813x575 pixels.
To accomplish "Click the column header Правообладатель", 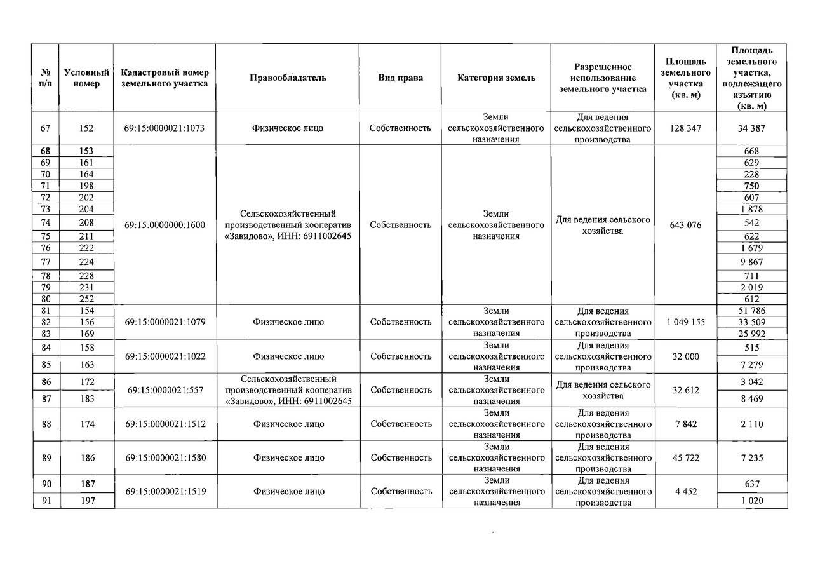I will (288, 78).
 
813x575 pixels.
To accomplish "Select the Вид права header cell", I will (400, 78).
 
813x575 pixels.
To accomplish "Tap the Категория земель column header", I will (496, 78).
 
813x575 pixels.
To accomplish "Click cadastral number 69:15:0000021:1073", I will (165, 128).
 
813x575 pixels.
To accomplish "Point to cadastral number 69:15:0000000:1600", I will (165, 225).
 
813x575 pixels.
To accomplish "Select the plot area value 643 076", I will (685, 225).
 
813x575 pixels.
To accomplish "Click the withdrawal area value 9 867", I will (751, 262).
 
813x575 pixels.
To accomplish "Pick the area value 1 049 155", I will (685, 322).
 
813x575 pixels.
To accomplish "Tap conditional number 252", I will (86, 299).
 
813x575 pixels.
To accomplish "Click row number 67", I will (45, 128).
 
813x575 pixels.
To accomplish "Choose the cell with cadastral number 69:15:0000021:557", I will (165, 390).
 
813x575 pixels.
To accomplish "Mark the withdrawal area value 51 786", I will (751, 311).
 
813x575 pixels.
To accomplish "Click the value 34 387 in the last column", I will (751, 128).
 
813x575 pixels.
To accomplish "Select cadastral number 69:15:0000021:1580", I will (165, 458).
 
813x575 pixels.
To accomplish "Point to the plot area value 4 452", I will (685, 492).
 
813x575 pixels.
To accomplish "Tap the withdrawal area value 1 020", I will (751, 501).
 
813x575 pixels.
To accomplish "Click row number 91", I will (45, 501).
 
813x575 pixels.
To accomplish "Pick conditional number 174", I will (86, 424).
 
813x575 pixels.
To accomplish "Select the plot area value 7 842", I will (685, 424).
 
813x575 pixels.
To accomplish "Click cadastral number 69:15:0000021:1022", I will (165, 356).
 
